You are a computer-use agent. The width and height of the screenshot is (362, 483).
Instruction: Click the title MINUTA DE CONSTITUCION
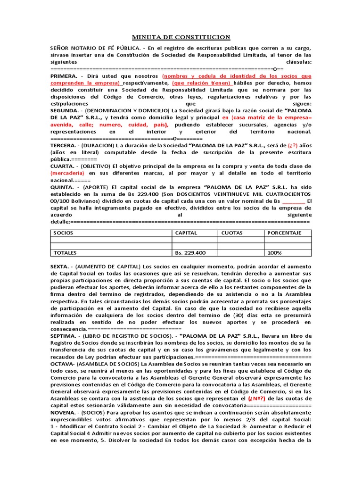(181, 37)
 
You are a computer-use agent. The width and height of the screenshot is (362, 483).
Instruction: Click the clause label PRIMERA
(65, 76)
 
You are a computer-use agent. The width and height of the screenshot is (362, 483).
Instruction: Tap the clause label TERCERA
(65, 146)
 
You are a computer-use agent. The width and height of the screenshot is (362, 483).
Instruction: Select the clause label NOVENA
(64, 412)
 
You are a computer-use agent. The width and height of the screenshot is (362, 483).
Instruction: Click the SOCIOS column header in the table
(63, 233)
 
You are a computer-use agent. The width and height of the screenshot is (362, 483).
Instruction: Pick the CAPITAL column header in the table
(186, 233)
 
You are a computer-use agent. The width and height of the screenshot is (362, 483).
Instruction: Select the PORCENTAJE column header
(284, 233)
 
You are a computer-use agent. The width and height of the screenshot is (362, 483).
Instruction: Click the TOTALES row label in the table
(65, 253)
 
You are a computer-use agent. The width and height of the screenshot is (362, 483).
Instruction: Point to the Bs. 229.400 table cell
(190, 253)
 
